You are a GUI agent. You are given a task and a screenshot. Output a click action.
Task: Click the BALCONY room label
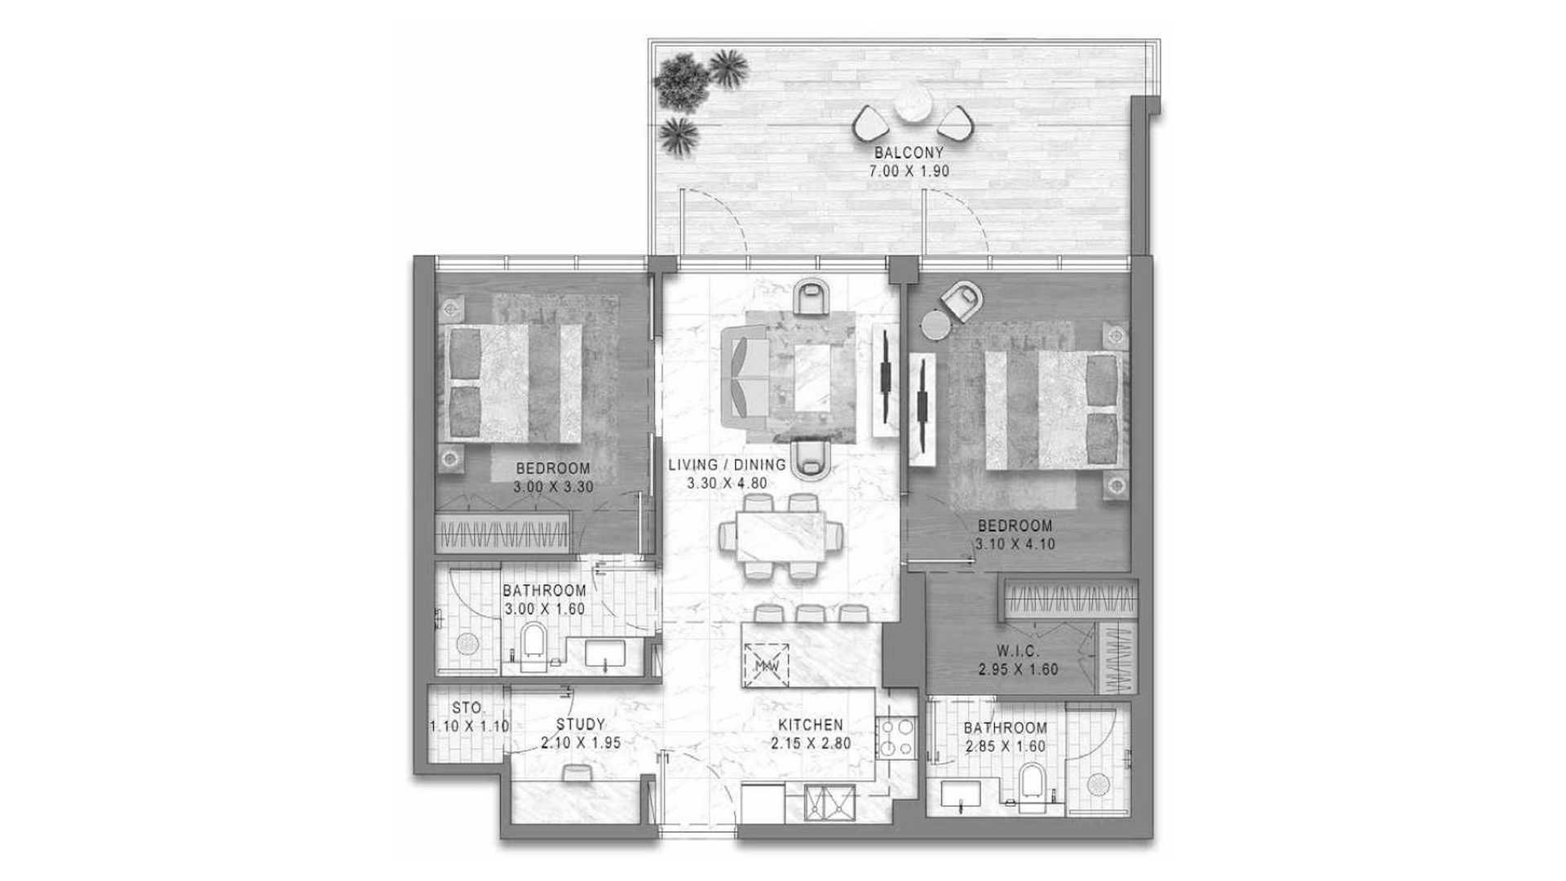(909, 153)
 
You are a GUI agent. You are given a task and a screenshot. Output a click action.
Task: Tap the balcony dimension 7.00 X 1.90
(909, 172)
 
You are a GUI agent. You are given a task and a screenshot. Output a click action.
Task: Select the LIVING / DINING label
(727, 465)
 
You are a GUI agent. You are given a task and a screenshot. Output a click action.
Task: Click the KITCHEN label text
(810, 725)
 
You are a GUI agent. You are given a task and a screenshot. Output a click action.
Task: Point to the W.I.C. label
(1017, 652)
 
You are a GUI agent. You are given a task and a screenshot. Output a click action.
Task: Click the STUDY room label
(581, 724)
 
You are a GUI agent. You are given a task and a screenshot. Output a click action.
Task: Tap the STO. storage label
(467, 708)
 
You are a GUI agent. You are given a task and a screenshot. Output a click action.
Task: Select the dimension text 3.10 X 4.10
(1015, 544)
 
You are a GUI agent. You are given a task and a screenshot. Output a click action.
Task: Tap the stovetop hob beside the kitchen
(896, 738)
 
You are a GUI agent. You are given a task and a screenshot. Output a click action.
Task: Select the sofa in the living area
(745, 377)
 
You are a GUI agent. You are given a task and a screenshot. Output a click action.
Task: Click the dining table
(780, 537)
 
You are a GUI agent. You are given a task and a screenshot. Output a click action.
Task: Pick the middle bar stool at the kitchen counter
(807, 614)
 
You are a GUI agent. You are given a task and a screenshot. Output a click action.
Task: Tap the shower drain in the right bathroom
(1098, 784)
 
